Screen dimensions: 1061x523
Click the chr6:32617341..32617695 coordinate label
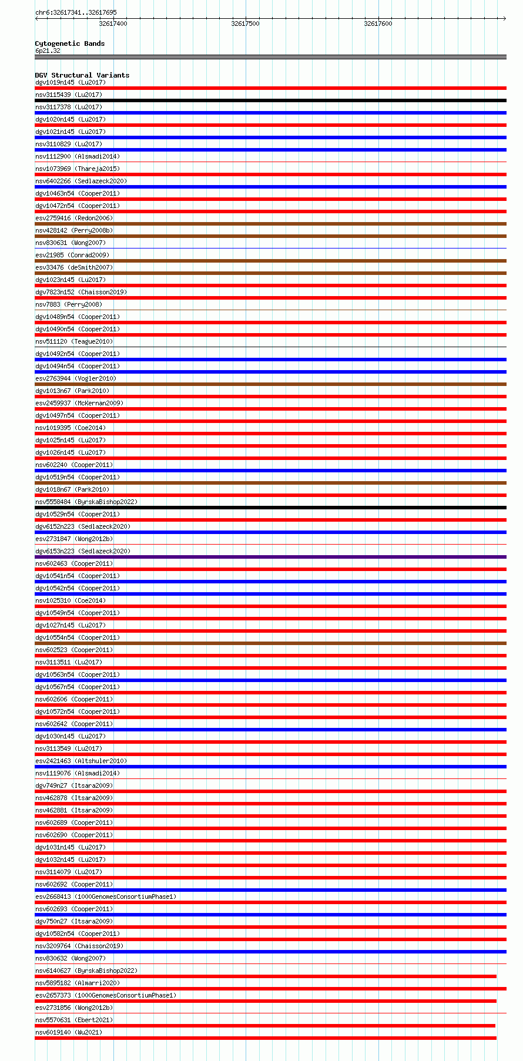coord(76,12)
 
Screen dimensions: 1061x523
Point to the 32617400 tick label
coord(113,23)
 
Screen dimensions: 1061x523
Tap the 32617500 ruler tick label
coord(245,23)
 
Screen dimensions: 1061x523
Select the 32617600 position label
coord(378,23)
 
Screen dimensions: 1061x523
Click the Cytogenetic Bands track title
coord(69,43)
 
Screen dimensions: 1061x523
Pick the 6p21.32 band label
coord(48,51)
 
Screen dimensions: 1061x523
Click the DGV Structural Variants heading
coord(82,75)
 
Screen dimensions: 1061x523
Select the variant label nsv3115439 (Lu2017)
coord(68,95)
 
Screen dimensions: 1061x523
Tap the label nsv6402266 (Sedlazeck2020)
coord(81,181)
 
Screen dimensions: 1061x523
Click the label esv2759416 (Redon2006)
coord(73,218)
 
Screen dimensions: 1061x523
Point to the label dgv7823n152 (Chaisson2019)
coord(81,292)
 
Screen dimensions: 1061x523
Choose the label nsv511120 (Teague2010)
coord(73,341)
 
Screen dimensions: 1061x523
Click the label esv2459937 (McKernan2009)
coord(79,403)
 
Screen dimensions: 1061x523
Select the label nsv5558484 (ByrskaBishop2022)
coord(86,502)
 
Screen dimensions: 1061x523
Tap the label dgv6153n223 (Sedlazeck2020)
coord(82,551)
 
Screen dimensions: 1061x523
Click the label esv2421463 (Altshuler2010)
coord(81,761)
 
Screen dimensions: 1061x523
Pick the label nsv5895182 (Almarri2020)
coord(77,983)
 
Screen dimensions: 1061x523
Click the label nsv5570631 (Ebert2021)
coord(73,1020)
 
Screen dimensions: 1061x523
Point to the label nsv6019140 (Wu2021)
coord(68,1032)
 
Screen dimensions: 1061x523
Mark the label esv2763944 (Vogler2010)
coord(75,378)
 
